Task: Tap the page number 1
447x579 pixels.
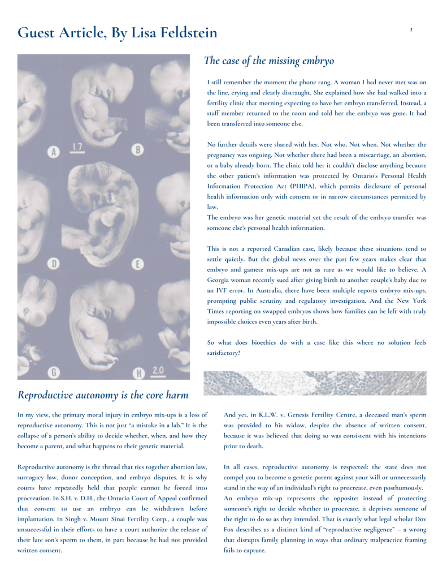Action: [411, 29]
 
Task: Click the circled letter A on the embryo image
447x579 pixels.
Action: [55, 152]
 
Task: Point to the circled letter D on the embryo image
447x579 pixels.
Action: [55, 263]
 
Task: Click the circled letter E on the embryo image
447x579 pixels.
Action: [137, 264]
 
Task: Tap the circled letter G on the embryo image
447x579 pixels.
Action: [54, 372]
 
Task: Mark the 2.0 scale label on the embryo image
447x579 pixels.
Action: [158, 370]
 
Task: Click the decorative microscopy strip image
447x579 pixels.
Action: [314, 383]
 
